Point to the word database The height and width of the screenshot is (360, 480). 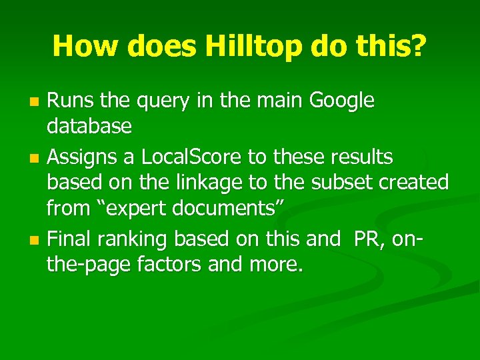[x=89, y=126]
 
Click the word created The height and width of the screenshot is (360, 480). [x=415, y=183]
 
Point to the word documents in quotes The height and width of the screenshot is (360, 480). [x=226, y=208]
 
